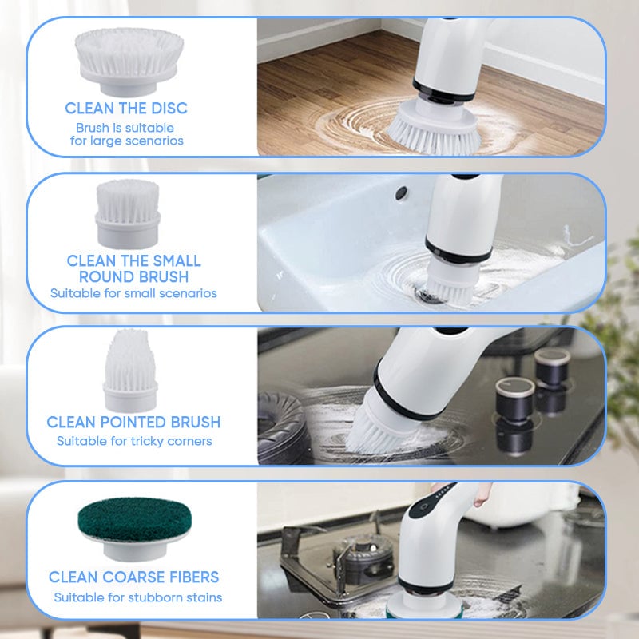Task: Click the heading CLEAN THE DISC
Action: click(126, 108)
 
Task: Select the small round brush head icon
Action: click(128, 212)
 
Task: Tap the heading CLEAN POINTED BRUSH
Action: click(133, 422)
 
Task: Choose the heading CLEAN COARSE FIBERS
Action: click(133, 577)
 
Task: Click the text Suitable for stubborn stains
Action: click(137, 597)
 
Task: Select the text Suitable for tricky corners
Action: click(133, 441)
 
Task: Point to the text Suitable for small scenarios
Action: click(133, 293)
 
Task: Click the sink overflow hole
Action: click(401, 192)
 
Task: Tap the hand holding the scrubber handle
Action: click(479, 496)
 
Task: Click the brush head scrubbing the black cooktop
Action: click(375, 428)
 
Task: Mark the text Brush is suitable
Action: click(125, 128)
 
